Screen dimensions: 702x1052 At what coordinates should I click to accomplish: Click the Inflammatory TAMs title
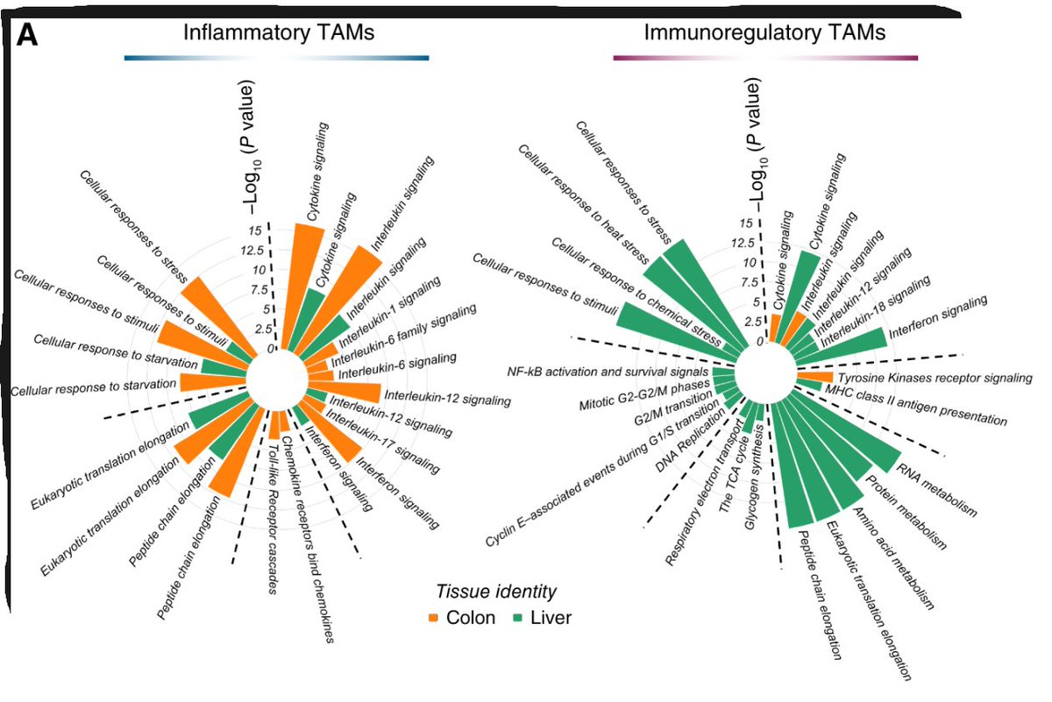click(278, 32)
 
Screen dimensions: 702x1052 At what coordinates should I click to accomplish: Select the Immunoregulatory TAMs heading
click(764, 32)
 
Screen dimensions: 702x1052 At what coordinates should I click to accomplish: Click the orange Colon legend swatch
click(435, 618)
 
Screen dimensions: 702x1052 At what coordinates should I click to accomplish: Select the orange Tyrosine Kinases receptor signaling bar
click(814, 377)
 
